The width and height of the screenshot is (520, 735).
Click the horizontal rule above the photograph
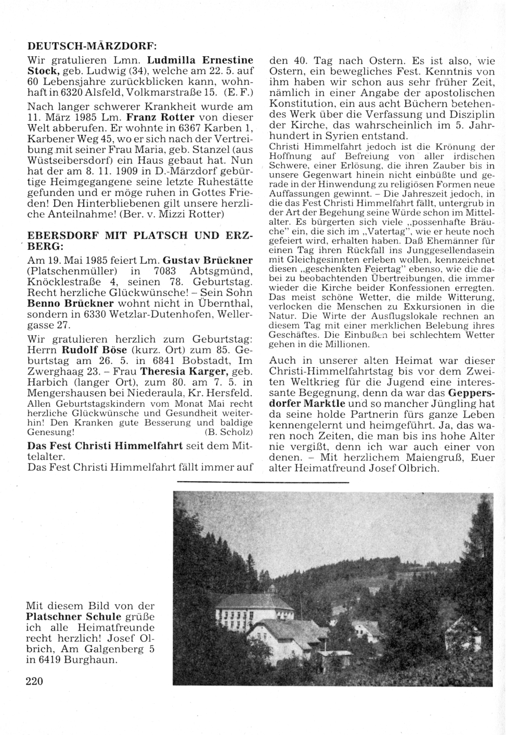pyautogui.click(x=263, y=483)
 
